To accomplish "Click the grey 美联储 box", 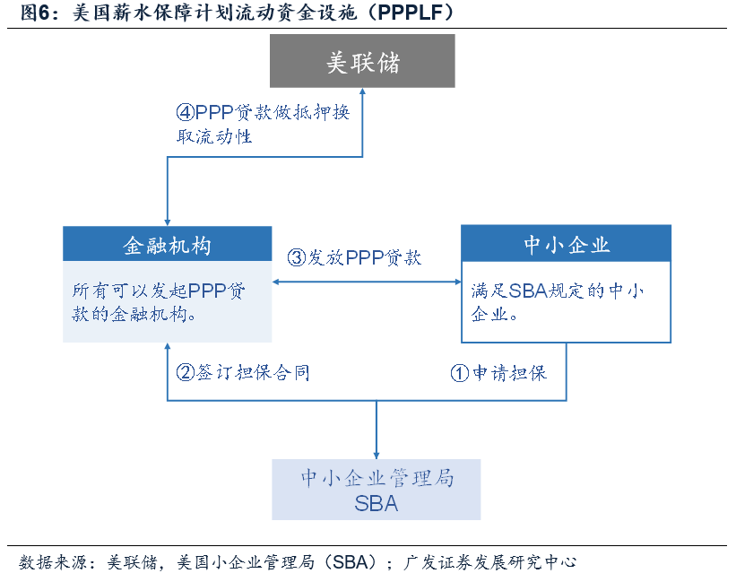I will coord(363,61).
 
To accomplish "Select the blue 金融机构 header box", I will coord(168,244).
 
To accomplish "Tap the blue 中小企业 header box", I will coord(566,244).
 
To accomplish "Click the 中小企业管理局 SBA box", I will coord(377,489).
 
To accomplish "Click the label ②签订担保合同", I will coord(243,371).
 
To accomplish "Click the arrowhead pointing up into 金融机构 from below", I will coord(168,347).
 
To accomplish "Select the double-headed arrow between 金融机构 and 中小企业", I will coord(367,282).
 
